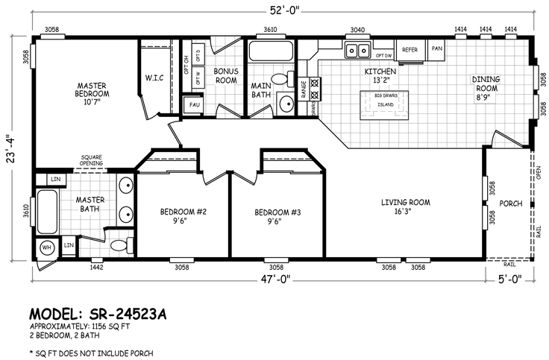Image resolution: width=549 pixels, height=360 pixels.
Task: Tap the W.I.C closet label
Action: tap(154, 78)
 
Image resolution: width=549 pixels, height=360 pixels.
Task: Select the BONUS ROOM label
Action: tap(225, 75)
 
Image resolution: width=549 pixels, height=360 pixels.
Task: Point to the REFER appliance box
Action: tap(410, 49)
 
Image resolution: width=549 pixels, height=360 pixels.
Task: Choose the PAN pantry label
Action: tap(436, 49)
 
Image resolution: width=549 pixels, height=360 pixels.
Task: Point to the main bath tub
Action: tap(272, 53)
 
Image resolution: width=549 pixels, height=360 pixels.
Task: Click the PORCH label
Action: tap(510, 203)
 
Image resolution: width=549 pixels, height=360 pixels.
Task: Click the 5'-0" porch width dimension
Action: tap(512, 280)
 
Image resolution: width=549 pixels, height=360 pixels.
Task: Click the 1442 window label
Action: tap(95, 267)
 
